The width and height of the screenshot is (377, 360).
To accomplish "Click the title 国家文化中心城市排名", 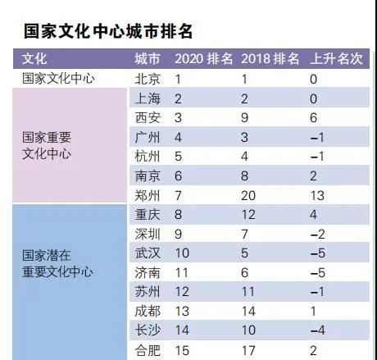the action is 108,31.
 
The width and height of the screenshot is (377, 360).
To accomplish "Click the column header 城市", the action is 148,59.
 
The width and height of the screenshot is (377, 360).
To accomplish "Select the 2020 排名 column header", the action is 203,59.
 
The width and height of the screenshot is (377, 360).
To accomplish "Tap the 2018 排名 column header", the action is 270,59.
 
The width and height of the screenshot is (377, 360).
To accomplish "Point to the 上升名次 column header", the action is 336,59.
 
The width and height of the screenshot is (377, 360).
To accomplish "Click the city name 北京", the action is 148,80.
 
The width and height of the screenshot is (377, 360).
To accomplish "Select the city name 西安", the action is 148,118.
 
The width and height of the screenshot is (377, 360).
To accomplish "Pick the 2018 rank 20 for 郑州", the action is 248,196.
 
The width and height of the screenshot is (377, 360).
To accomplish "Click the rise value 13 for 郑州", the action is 317,196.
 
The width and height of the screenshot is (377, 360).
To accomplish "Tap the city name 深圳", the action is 148,235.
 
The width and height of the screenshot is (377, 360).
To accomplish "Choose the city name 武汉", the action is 148,253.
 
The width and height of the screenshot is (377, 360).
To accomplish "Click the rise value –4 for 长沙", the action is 318,330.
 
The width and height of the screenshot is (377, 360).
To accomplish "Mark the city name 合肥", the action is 148,351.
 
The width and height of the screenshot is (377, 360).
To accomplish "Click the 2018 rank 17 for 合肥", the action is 248,351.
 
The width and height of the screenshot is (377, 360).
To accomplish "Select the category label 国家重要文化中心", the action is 47,145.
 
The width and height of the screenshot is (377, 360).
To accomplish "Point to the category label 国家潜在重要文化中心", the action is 57,263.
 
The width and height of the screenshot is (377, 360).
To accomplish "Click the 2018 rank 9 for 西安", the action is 244,118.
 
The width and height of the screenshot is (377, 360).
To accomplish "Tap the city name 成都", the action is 148,312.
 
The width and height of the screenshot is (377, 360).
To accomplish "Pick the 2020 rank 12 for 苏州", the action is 182,292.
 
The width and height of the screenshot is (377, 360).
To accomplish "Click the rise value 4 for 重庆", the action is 313,215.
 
